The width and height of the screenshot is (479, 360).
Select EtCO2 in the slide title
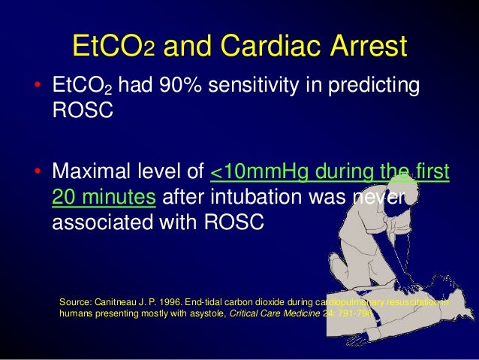pyautogui.click(x=113, y=46)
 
